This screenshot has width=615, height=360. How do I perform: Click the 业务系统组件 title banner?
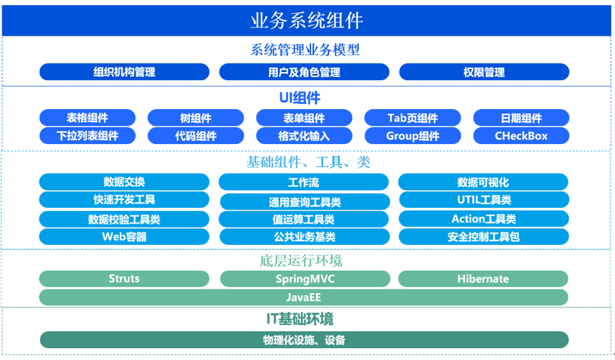point(307,20)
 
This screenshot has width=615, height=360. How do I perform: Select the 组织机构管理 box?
point(124,72)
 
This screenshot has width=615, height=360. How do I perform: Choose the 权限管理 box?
point(484,72)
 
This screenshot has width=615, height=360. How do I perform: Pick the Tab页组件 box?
point(412,118)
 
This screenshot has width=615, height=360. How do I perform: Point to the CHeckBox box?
point(521,136)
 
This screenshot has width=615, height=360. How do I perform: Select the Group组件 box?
point(412,136)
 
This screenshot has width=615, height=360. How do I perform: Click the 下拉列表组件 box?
point(88,136)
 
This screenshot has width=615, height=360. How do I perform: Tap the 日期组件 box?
point(521,118)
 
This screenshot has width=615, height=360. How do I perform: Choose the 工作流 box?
point(303,183)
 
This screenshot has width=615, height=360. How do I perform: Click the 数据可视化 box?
point(483,183)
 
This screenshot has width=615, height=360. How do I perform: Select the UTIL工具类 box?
point(484,200)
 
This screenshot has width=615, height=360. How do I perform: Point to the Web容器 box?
point(124,237)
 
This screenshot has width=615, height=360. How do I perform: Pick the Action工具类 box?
point(484,219)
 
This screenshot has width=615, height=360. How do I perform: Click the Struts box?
point(124,279)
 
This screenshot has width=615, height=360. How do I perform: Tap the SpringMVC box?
point(305,279)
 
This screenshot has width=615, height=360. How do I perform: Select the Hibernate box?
point(483,279)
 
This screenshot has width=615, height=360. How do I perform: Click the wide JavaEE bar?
point(304,297)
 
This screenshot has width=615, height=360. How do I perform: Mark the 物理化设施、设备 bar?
point(304,340)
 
